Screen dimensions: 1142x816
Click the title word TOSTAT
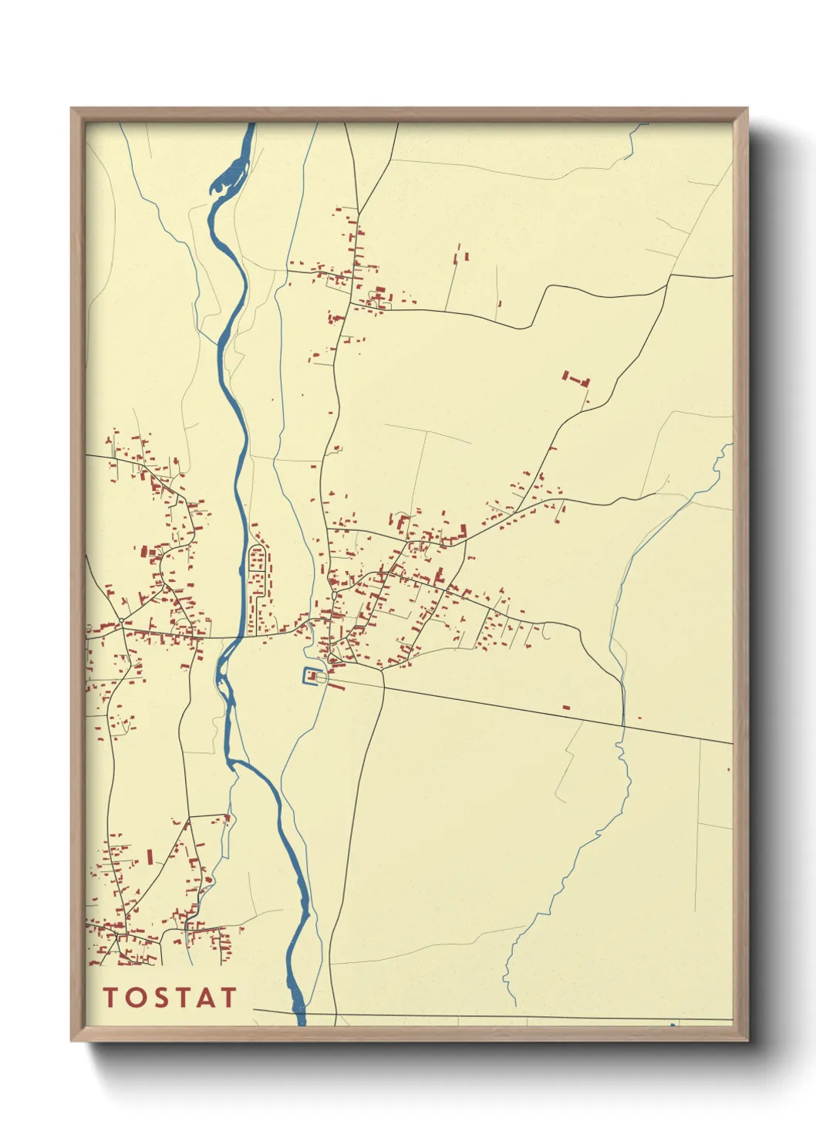[x=170, y=997]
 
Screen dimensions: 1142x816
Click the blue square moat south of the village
[x=311, y=677]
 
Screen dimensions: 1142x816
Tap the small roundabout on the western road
[x=122, y=621]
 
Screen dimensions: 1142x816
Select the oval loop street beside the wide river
[x=258, y=572]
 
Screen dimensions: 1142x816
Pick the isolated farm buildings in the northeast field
[x=575, y=379]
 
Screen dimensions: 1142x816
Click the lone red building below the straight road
[x=565, y=706]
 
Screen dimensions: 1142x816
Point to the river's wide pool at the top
[x=229, y=181]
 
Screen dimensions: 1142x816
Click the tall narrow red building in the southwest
[x=150, y=856]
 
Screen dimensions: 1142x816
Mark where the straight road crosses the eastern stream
[x=623, y=725]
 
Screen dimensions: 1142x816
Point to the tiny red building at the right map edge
[x=729, y=769]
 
